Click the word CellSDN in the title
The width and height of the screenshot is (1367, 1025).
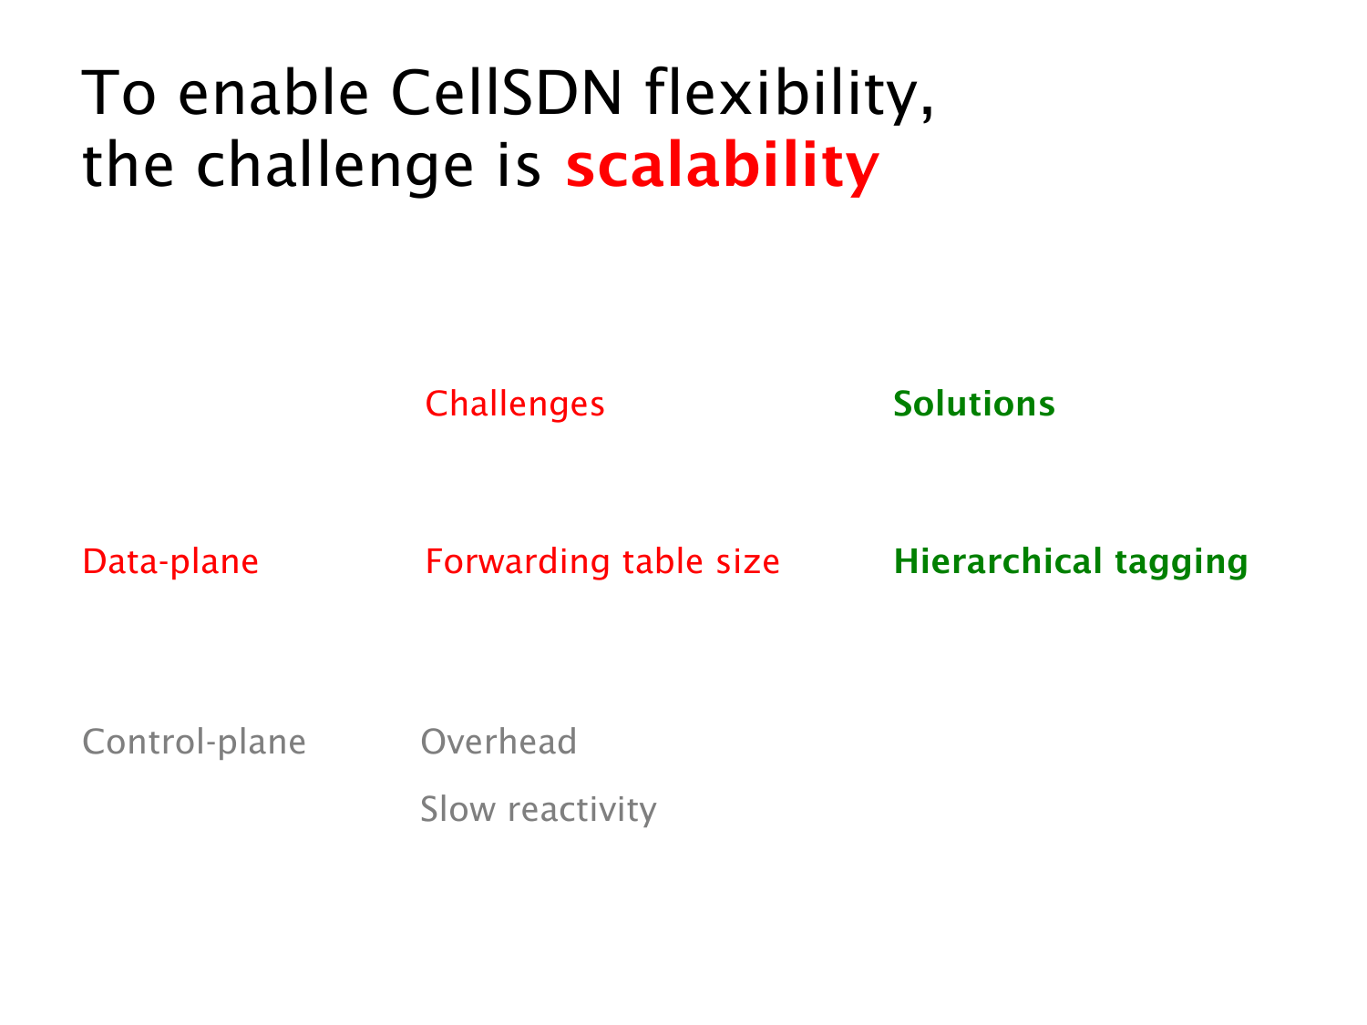[x=507, y=93]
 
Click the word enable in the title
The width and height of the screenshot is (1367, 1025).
[x=273, y=93]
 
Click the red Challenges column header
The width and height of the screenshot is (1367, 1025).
[x=514, y=405]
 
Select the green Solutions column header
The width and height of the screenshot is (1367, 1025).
[x=974, y=404]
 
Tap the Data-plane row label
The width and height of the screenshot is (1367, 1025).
[x=170, y=562]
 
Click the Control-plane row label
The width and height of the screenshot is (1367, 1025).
[x=194, y=743]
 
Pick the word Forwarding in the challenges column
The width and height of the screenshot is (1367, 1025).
[x=518, y=562]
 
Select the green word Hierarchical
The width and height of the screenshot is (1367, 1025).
[x=998, y=561]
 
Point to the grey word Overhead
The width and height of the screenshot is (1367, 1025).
[x=498, y=742]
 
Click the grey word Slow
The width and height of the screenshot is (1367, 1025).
[x=457, y=810]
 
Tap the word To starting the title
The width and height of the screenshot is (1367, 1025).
[x=118, y=93]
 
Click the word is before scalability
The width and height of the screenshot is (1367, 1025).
[x=519, y=164]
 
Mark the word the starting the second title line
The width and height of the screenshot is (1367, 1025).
[x=128, y=164]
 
